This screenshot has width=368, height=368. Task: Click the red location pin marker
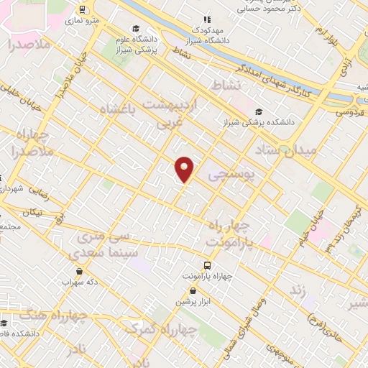pos(185,169)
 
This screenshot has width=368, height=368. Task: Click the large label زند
pos(297,290)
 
